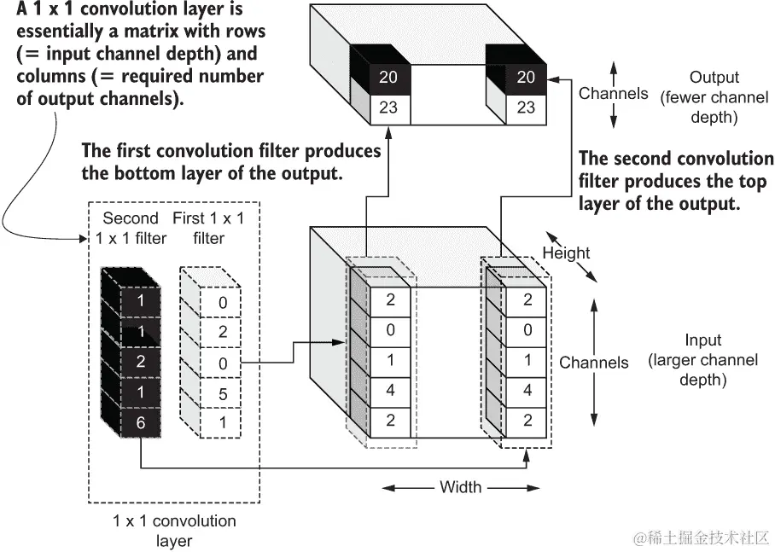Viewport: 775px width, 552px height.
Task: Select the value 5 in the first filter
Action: click(x=222, y=393)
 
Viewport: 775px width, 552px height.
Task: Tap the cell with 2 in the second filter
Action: click(x=141, y=362)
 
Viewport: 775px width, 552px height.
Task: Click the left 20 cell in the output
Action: click(x=388, y=77)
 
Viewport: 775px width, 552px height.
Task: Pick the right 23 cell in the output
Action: click(x=526, y=107)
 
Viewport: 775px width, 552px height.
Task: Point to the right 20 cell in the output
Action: click(x=526, y=77)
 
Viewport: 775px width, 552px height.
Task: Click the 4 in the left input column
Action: click(x=390, y=391)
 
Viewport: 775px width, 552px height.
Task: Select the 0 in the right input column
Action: click(x=527, y=329)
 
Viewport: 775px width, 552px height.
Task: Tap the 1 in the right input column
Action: click(x=527, y=360)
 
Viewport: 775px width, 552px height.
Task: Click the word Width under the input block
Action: click(x=461, y=487)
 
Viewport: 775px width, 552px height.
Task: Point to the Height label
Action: click(x=566, y=253)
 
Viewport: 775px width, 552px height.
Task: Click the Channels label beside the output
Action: click(x=613, y=94)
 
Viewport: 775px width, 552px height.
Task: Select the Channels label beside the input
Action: click(x=594, y=363)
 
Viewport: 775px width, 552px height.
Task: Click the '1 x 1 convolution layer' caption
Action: click(x=174, y=530)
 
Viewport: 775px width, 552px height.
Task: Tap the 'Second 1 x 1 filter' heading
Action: click(x=131, y=228)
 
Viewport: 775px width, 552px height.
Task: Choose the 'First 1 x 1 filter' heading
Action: click(x=208, y=228)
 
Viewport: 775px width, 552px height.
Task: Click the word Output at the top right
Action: click(x=714, y=78)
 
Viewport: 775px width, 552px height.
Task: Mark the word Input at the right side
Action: click(x=702, y=340)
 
